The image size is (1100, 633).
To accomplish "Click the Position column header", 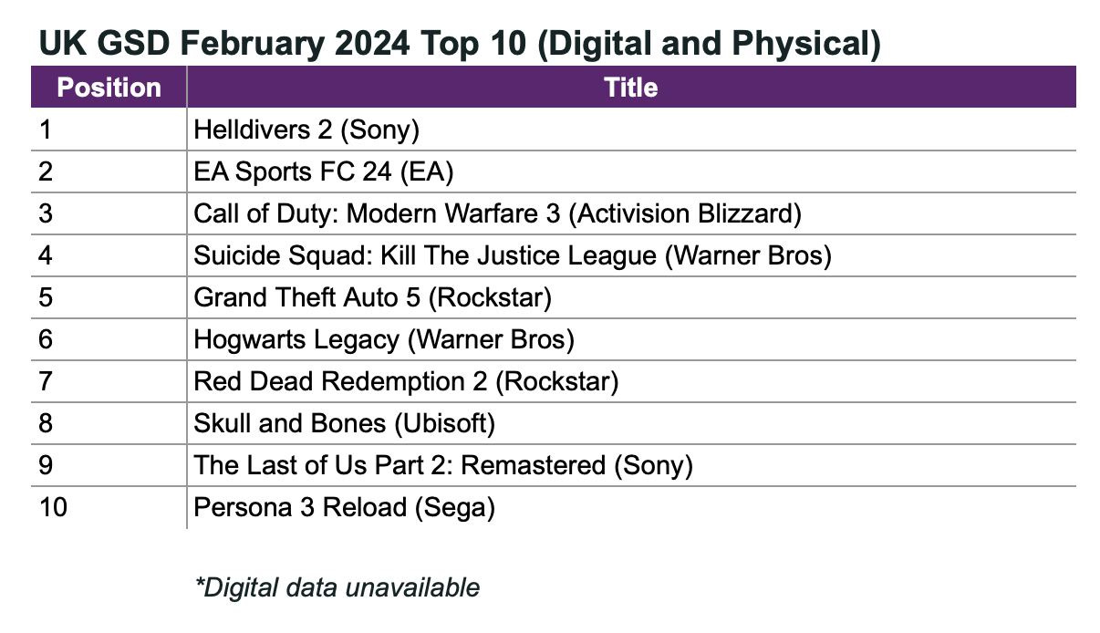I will pos(109,88).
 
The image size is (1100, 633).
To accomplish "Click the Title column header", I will pos(630,88).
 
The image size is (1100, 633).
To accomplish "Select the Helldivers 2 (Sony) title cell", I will pos(306,130).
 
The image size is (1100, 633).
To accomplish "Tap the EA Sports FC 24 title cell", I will pos(323,171).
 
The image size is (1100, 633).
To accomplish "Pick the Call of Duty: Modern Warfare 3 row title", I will pos(497,213).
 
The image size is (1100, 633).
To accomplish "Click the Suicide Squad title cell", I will pos(513,255).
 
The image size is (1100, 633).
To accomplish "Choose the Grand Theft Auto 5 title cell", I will pos(372,297).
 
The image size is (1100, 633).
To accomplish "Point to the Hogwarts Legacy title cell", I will pos(384,339).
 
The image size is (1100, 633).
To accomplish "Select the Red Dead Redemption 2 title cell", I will pos(406,381).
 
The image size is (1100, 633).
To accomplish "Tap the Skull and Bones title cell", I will pos(344,423).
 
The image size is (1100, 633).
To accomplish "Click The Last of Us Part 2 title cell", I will pos(443,465).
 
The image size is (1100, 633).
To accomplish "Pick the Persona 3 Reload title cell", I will pos(344,507).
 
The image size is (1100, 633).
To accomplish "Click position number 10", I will pos(53,507).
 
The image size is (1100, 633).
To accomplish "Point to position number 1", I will pos(45,130).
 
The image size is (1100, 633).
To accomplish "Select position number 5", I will pos(46,297).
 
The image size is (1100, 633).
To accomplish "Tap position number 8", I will pos(46,423).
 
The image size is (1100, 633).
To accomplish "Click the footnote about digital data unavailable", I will pos(337,586).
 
